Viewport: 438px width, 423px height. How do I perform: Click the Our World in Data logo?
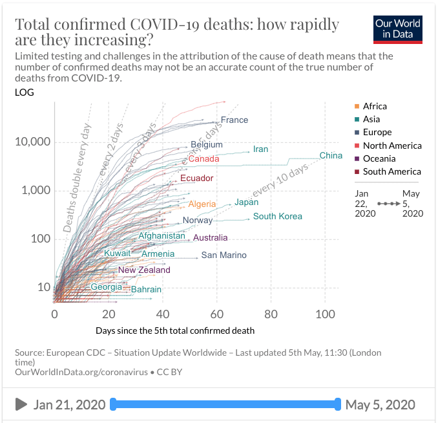coord(398,28)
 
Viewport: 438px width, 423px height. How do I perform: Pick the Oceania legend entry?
coord(379,158)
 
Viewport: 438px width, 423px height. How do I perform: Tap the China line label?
coord(331,156)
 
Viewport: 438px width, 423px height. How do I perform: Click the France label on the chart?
coord(234,120)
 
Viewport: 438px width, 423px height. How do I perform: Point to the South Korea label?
coord(277,217)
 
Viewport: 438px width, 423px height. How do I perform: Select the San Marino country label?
coord(224,255)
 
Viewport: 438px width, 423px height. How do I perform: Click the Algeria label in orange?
coord(202,204)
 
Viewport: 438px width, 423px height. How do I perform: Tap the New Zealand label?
coord(144,270)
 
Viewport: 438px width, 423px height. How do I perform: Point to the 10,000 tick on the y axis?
coord(32,142)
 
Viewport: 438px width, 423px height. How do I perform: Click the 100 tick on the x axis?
coord(325,314)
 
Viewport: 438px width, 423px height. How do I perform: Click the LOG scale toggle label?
coord(24,92)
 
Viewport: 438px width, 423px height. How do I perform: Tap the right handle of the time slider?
coord(337,405)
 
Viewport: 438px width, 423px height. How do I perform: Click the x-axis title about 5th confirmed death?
coord(175,331)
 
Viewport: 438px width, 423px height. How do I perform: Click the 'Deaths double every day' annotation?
coord(77,177)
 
